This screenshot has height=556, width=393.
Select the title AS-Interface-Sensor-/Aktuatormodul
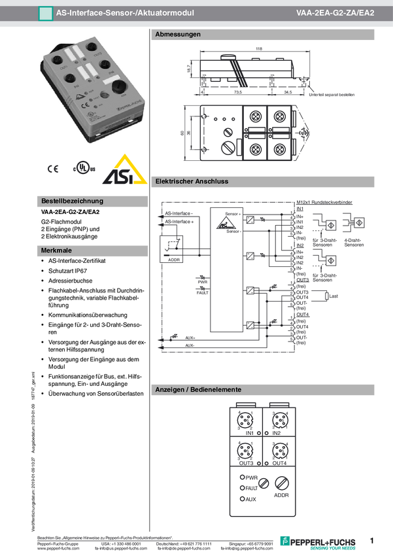coord(125,12)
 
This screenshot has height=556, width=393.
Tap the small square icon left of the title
coord(45,12)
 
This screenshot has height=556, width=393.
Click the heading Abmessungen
coord(178,34)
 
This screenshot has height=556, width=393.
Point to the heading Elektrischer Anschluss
coord(192,181)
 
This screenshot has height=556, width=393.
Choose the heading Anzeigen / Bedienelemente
coord(198,390)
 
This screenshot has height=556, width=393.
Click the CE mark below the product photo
coord(52,169)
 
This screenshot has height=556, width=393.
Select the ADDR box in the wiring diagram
coord(173,249)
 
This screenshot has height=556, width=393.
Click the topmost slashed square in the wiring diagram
coord(250,220)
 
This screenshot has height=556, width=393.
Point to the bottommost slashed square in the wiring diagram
coord(250,325)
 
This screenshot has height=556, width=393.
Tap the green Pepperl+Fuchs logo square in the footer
coord(284,540)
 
